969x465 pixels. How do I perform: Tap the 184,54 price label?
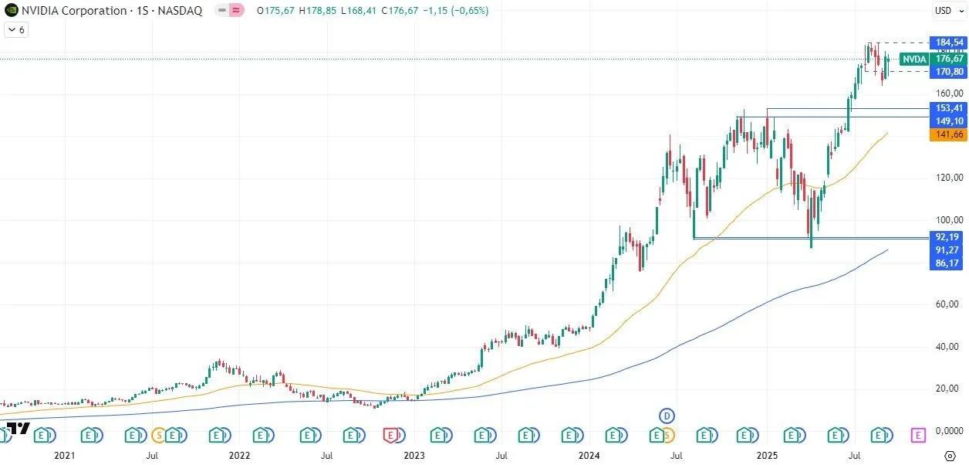pos(948,42)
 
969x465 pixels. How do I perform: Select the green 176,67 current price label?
pos(948,59)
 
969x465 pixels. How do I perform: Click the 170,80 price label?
pos(948,71)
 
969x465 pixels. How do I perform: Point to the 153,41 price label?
pos(948,108)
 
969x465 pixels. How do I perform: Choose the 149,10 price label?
pos(948,121)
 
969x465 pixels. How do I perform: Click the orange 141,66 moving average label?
pos(948,134)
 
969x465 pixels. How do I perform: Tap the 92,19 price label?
pos(948,237)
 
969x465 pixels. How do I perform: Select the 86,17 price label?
pos(948,263)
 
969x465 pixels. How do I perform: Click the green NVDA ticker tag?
pos(914,59)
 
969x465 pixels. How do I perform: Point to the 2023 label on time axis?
pos(414,456)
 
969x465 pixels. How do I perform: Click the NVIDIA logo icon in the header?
pos(10,11)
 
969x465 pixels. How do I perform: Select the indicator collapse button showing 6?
pos(16,29)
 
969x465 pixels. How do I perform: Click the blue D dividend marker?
pos(667,416)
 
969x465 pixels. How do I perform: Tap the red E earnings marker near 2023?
pos(390,436)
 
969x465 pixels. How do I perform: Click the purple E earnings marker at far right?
pos(918,436)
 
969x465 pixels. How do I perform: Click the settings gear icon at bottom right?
pos(950,455)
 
